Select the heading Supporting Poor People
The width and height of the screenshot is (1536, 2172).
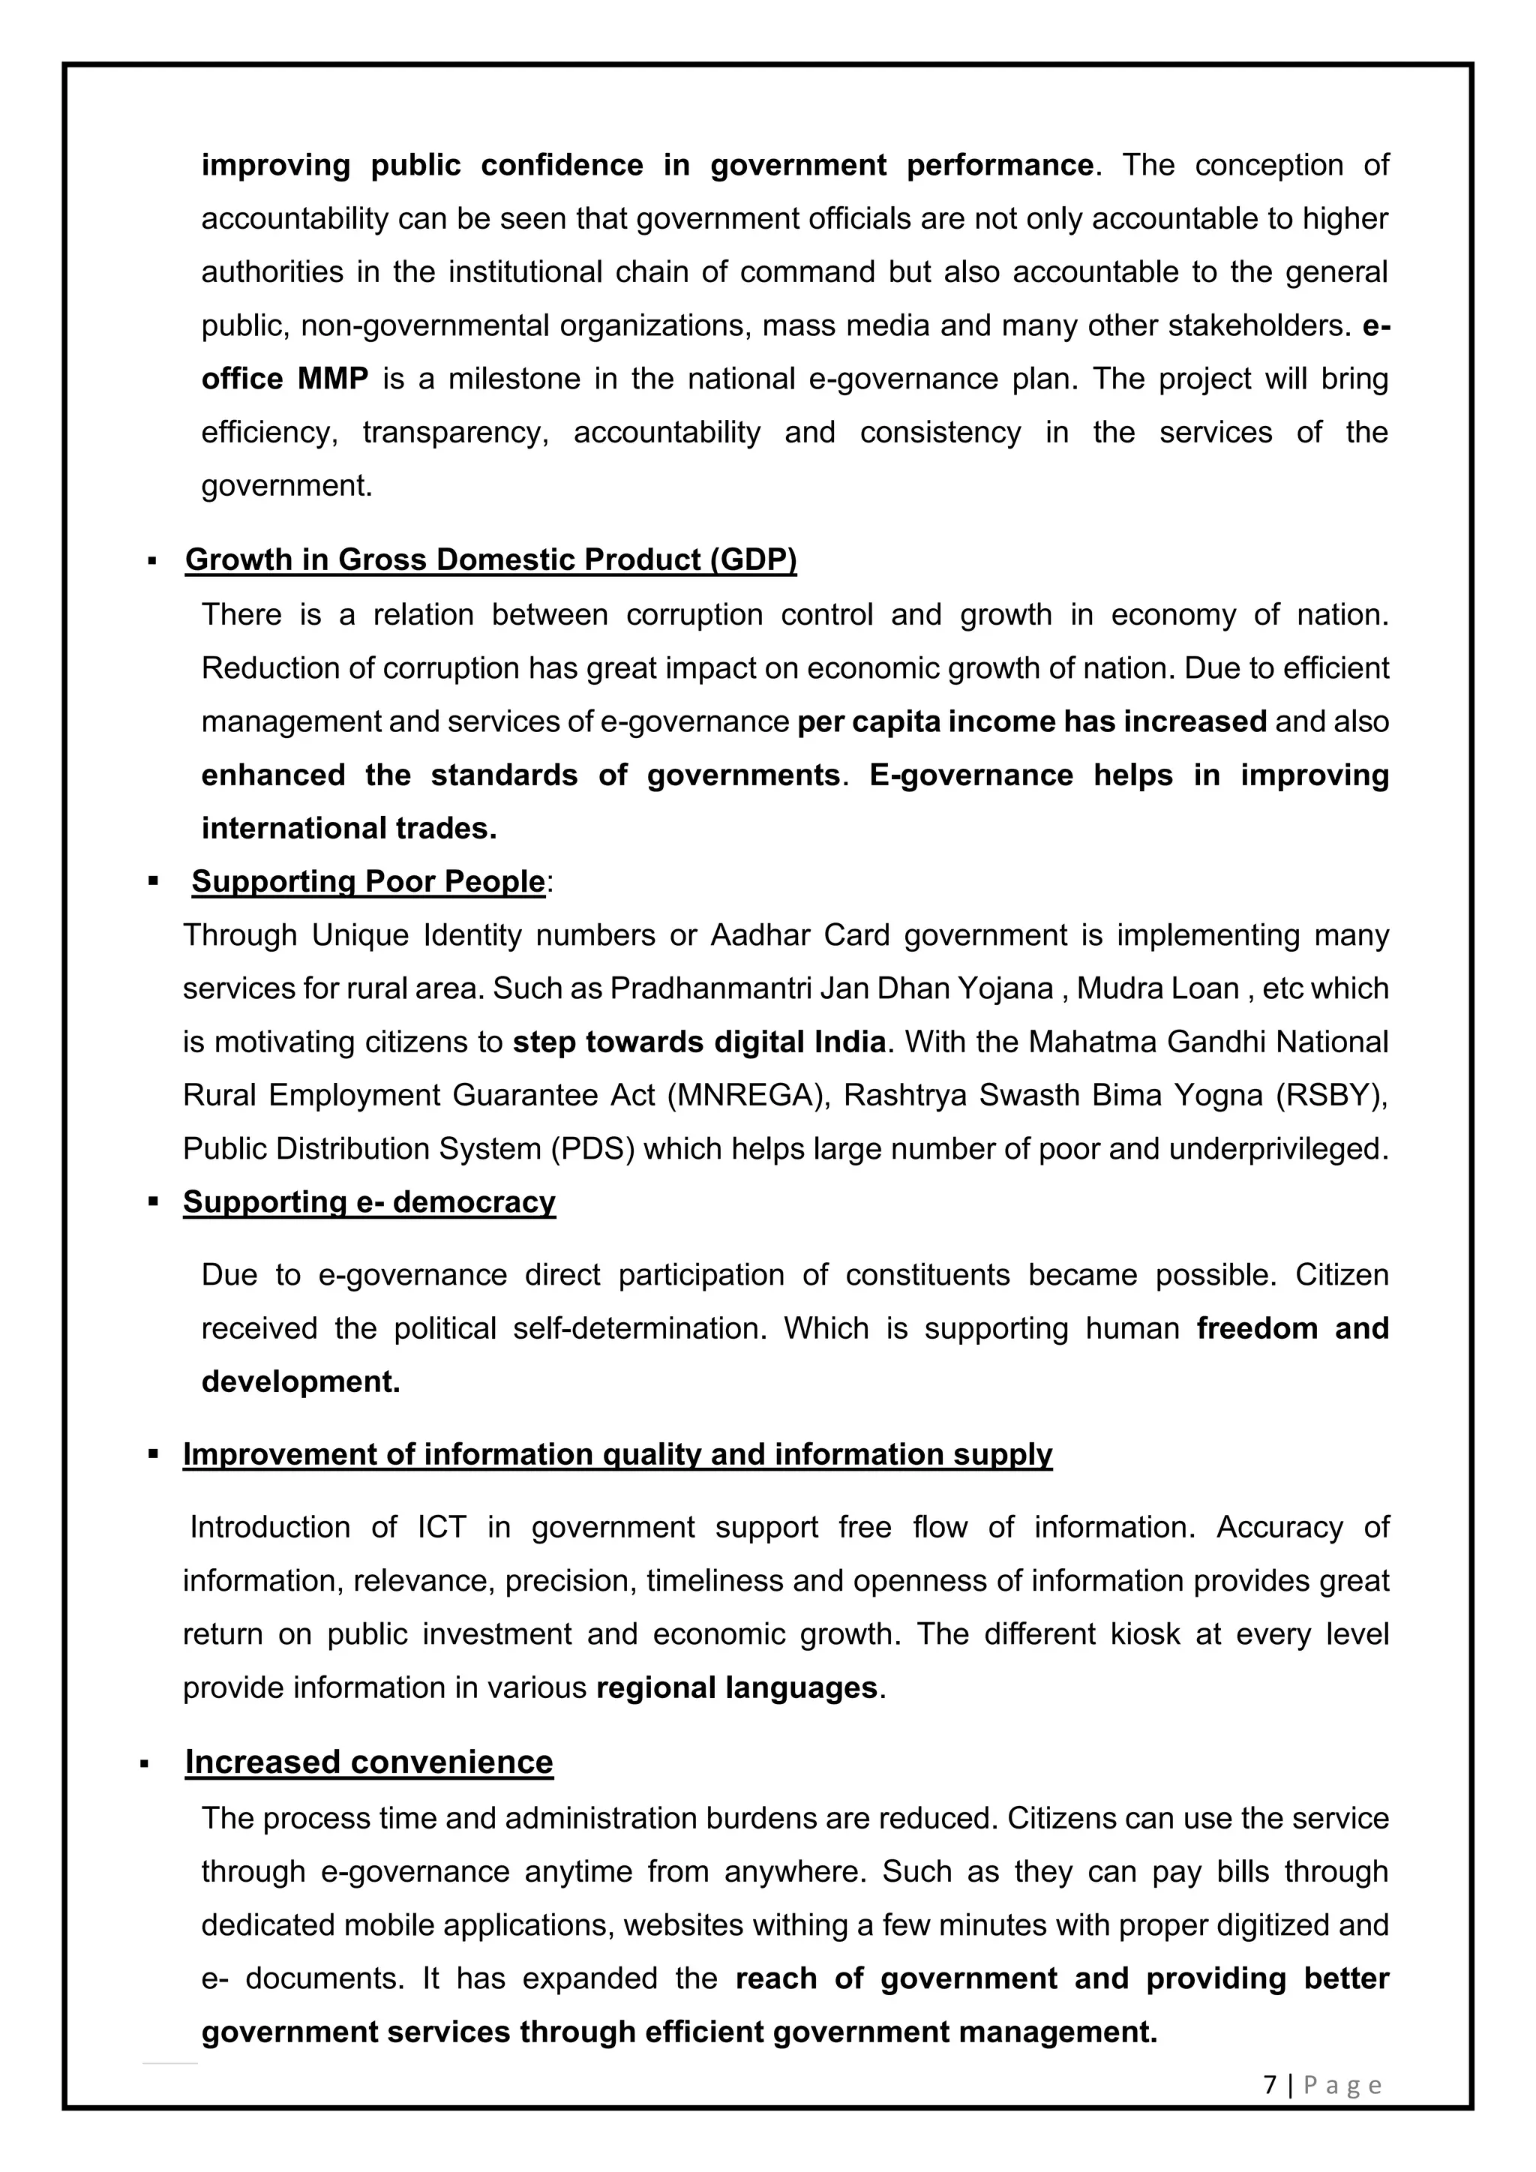coord(368,882)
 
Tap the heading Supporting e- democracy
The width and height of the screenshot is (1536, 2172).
coord(369,1202)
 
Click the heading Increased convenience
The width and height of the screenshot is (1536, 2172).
coord(369,1762)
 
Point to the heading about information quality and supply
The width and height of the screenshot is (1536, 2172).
coord(616,1454)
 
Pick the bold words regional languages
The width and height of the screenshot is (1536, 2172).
coord(736,1688)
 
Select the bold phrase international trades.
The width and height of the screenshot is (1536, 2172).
coord(348,829)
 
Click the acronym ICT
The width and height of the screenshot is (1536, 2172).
coord(442,1528)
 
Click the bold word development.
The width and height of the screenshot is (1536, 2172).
coord(300,1382)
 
